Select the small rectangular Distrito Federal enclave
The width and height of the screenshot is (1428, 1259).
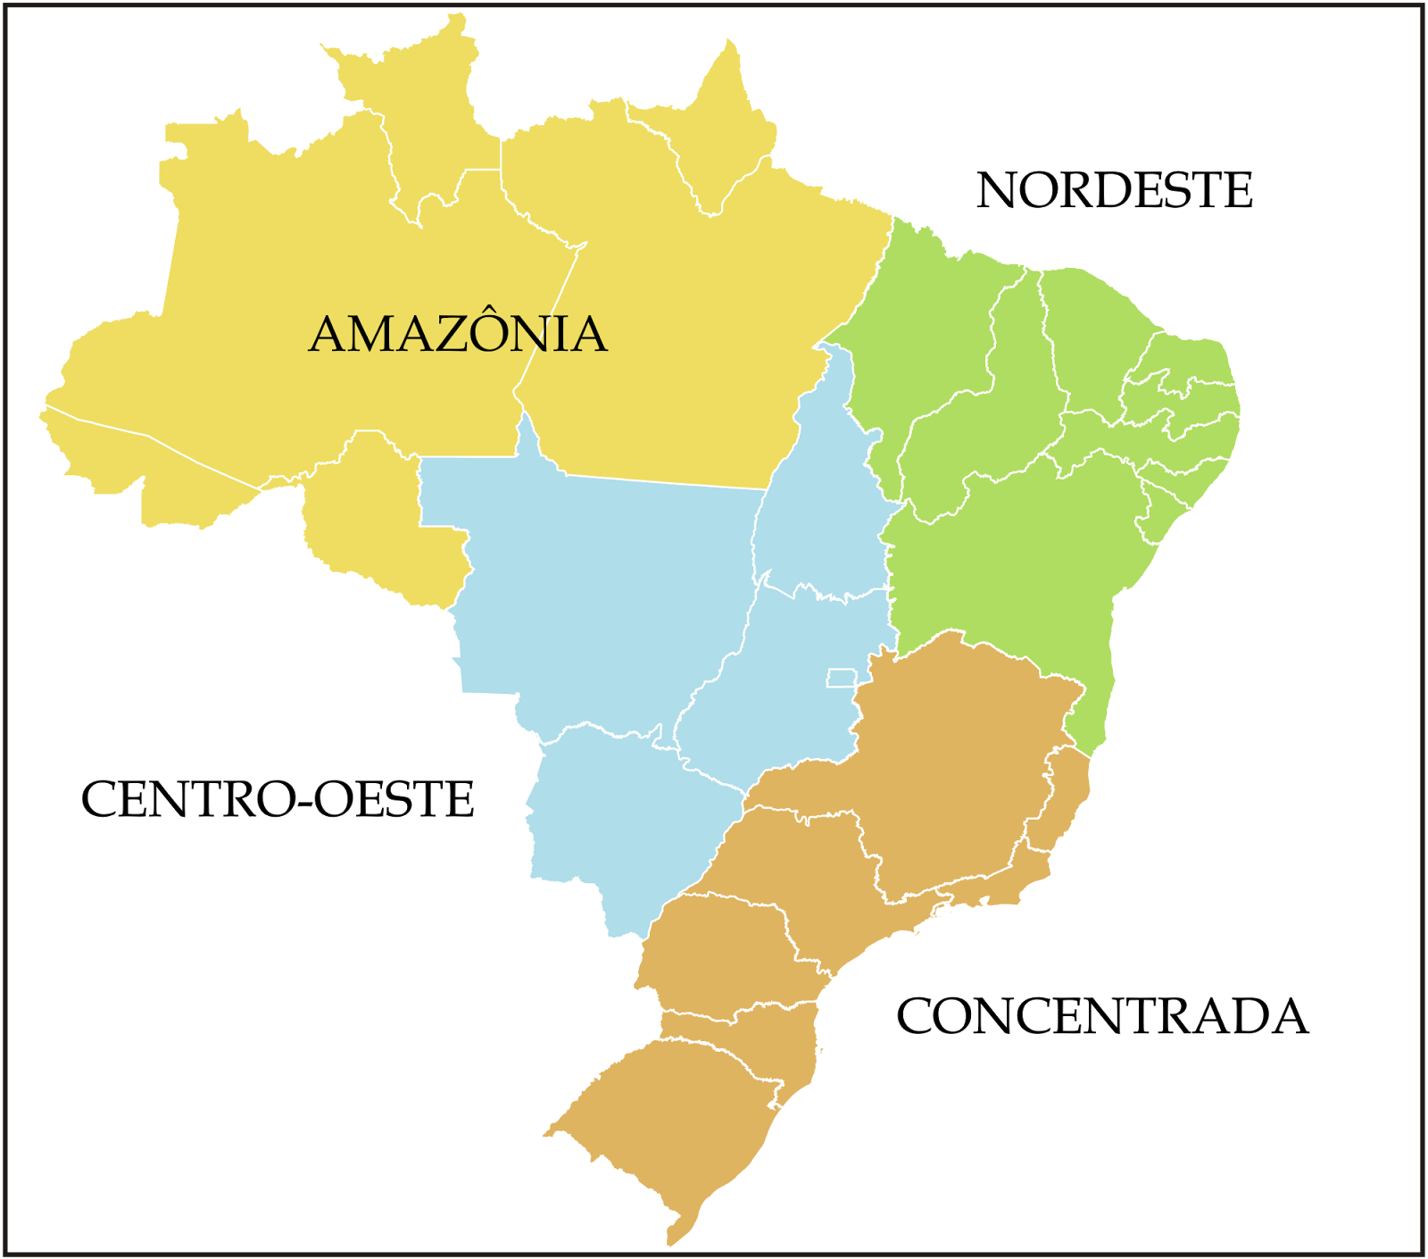pos(841,678)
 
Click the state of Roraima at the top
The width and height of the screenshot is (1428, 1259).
pos(419,116)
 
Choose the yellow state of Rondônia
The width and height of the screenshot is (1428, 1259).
pos(375,518)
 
